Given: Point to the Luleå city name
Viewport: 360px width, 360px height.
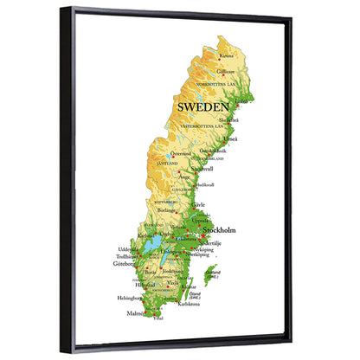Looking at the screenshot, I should [243, 100].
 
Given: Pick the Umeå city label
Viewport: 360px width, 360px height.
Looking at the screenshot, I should [230, 138].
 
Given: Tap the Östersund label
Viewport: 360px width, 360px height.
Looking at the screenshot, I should [181, 153].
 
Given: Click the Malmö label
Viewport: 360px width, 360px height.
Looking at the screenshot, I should [136, 314].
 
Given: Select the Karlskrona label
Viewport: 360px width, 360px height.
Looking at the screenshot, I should [188, 305].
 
